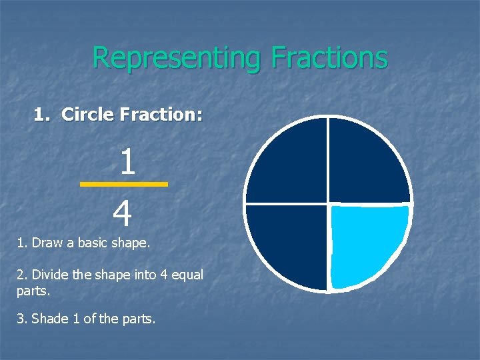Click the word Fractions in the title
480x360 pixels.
click(x=329, y=57)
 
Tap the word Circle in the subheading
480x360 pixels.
click(x=88, y=115)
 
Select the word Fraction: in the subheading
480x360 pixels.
click(x=161, y=115)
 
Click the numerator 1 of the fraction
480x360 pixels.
click(x=127, y=163)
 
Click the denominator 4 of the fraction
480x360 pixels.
click(x=123, y=215)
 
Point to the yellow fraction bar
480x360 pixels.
click(x=124, y=184)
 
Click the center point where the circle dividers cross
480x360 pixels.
click(x=328, y=203)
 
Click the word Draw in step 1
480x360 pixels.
click(x=47, y=243)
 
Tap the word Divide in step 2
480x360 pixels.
click(x=49, y=275)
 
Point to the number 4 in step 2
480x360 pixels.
click(x=163, y=275)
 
